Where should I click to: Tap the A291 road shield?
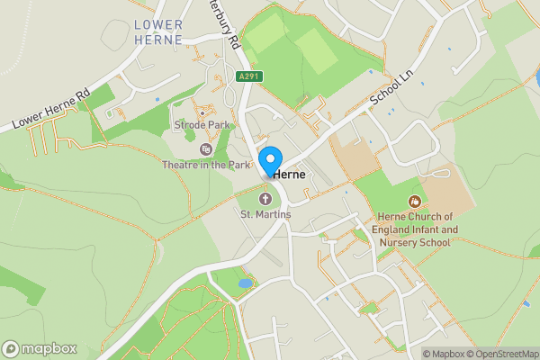(248, 76)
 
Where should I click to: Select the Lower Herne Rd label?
(52, 109)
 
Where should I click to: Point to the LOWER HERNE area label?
(158, 32)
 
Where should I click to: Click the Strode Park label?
(203, 124)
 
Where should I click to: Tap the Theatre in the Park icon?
(206, 149)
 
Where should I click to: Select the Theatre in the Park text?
(206, 166)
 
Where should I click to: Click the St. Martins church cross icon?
(265, 198)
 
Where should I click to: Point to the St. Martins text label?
(265, 214)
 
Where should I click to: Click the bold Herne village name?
(290, 174)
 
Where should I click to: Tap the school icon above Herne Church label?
(414, 202)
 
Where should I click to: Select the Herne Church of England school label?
(414, 229)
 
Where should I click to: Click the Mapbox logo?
(40, 348)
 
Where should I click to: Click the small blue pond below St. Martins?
(245, 283)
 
